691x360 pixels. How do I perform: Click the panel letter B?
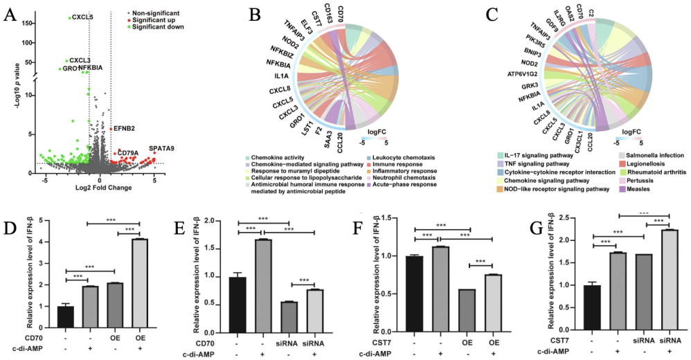pos(235,13)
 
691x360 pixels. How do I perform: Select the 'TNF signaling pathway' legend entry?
pos(531,164)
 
